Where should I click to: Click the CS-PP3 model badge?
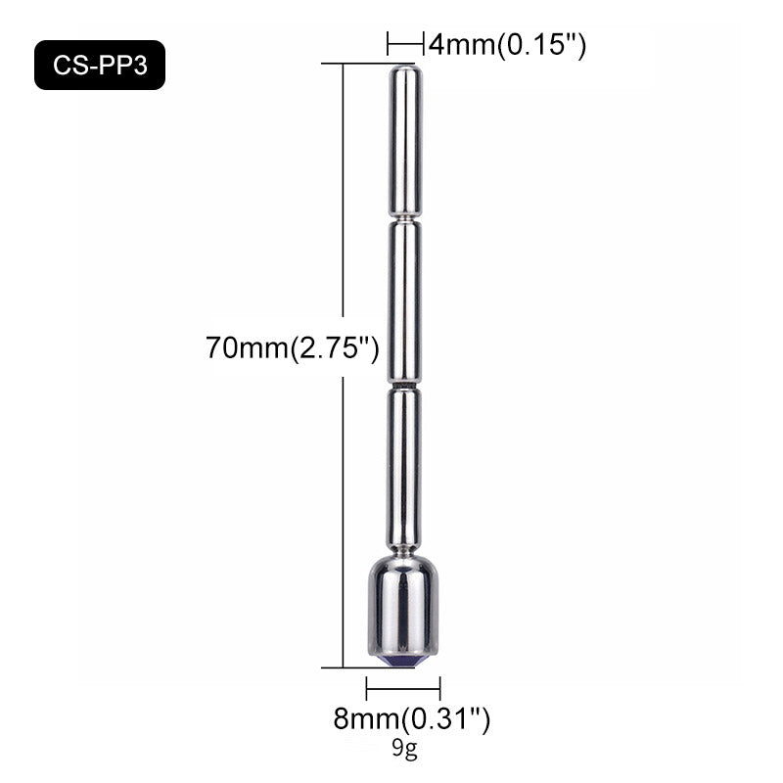(100, 65)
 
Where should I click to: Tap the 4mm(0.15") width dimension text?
(507, 45)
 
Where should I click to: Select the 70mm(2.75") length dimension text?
(293, 347)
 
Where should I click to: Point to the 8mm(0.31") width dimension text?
(412, 719)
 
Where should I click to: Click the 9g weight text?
(404, 748)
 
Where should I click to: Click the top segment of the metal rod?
(405, 141)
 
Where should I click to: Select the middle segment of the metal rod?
(404, 302)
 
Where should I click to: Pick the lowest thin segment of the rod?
(403, 469)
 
